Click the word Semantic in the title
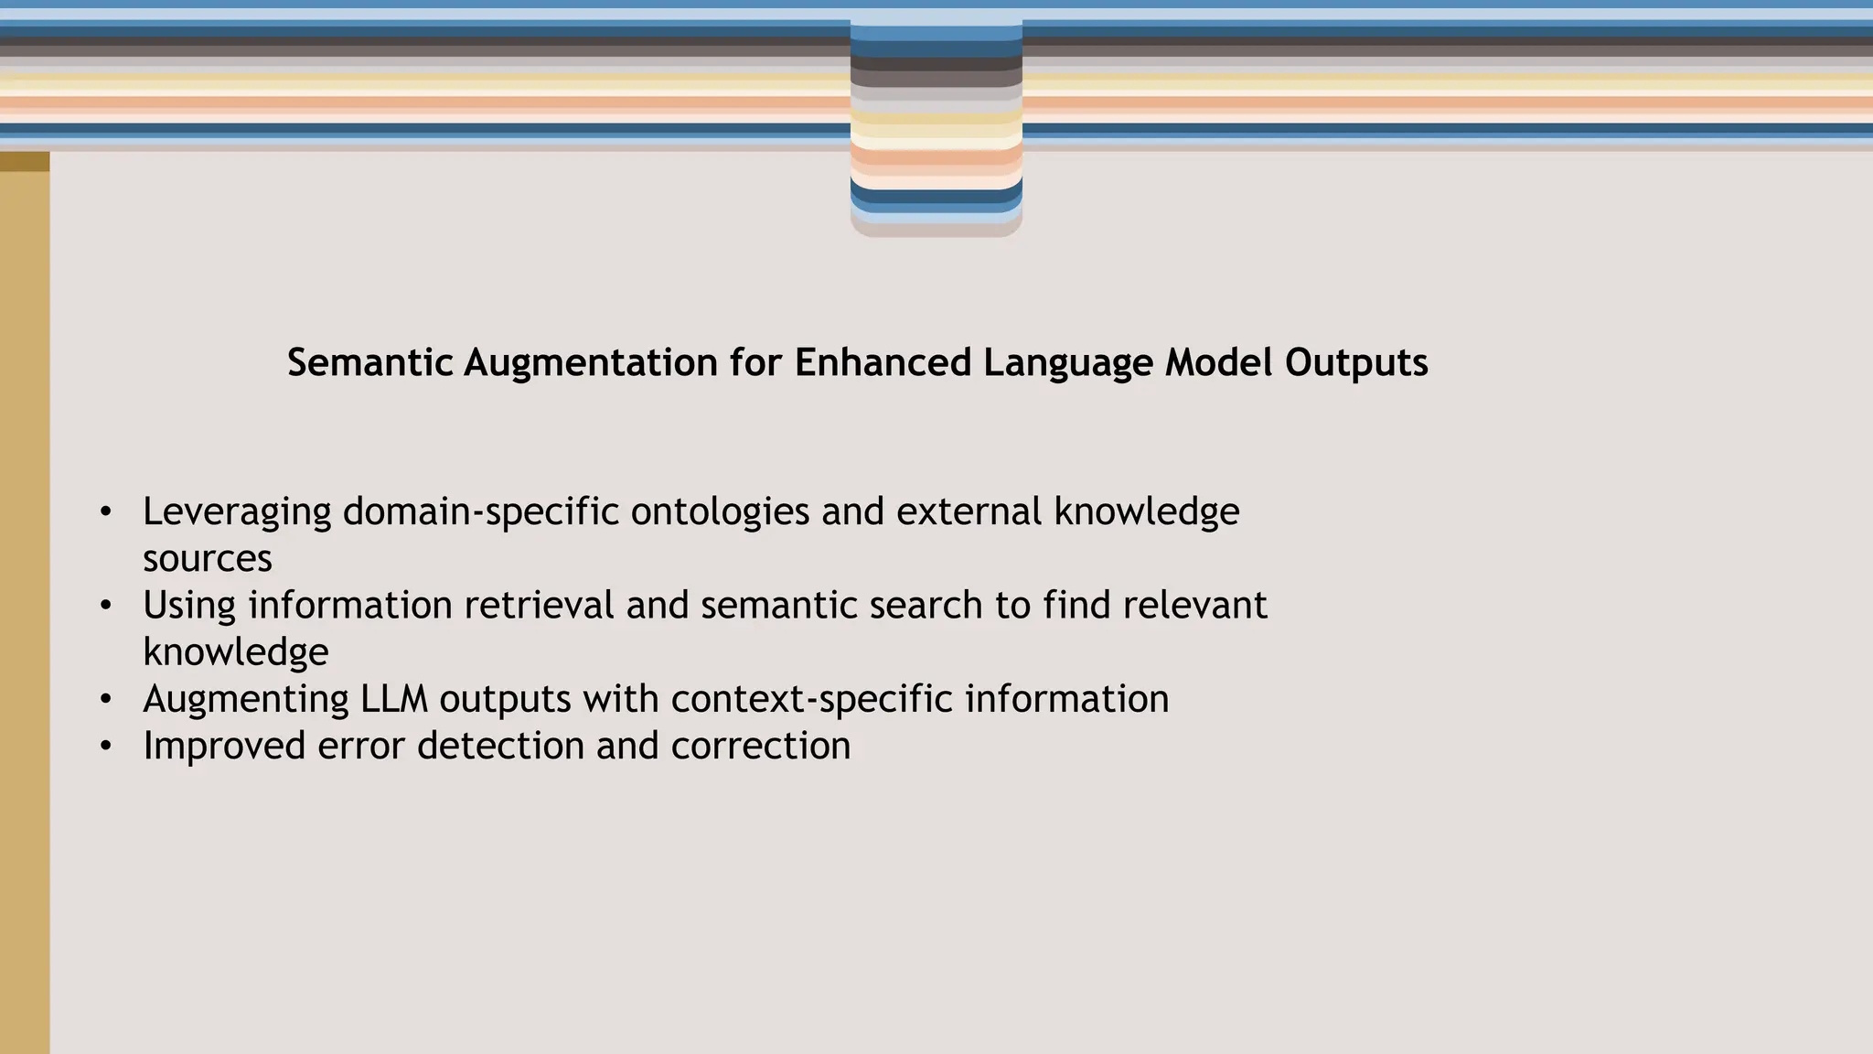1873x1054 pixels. click(x=370, y=362)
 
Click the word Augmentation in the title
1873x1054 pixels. click(x=591, y=362)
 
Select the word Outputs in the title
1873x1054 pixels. click(x=1355, y=362)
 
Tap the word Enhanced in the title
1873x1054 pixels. click(x=883, y=362)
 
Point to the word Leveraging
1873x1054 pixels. click(x=237, y=512)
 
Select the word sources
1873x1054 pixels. click(x=208, y=559)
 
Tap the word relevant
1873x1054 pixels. click(x=1194, y=606)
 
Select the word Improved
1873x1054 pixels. click(x=224, y=746)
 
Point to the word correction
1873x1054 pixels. click(x=760, y=746)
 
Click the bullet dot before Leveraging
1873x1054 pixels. click(x=106, y=512)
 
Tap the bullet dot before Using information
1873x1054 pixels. click(x=106, y=606)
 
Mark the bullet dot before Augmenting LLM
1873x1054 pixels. click(x=106, y=699)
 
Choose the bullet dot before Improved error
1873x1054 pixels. click(x=106, y=747)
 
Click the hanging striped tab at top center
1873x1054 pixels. click(x=936, y=128)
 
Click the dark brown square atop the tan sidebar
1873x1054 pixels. click(x=25, y=162)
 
